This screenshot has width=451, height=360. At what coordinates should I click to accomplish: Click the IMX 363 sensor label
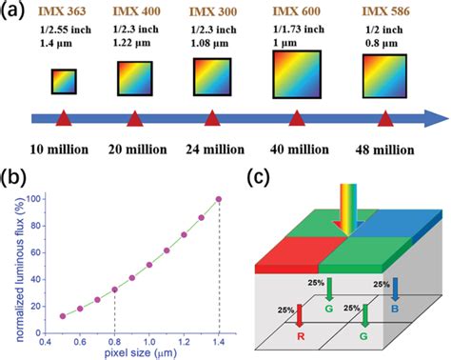point(63,11)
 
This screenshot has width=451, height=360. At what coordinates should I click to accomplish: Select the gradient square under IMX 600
point(297,74)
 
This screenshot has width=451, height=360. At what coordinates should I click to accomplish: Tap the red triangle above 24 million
point(212,118)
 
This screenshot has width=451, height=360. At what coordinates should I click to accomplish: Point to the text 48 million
point(384,150)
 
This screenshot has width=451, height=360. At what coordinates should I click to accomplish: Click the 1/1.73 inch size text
point(299,30)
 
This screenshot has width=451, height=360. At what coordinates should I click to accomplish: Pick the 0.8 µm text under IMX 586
point(382,43)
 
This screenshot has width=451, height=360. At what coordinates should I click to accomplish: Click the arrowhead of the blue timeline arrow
point(437,119)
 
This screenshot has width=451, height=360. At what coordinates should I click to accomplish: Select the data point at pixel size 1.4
point(219,199)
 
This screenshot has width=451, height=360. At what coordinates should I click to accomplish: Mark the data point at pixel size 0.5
point(63,316)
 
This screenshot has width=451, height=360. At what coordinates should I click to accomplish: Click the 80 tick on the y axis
point(37,226)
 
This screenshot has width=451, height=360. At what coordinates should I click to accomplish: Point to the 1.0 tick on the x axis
point(149,342)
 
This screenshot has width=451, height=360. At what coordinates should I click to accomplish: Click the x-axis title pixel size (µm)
point(141,352)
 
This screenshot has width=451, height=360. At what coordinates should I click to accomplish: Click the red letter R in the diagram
point(301,336)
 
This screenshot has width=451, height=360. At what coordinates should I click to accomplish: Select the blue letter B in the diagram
point(395,309)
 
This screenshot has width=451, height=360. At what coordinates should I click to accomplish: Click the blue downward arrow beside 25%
point(395,290)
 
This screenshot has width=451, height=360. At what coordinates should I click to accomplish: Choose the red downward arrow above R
point(300,315)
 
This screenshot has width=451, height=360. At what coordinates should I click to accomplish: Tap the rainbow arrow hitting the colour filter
point(348,210)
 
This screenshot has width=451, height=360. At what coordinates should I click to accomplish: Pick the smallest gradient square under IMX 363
point(64,82)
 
